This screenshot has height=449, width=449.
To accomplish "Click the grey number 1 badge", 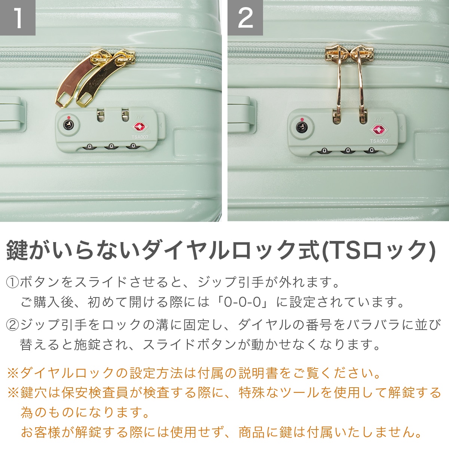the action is click(18, 18).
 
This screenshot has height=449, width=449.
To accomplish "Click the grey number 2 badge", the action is click(245, 18).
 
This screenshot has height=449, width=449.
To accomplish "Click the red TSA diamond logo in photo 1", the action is click(139, 127).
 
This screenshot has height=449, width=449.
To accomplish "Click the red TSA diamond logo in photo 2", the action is click(379, 130).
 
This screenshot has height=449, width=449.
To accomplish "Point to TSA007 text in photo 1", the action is click(140, 137).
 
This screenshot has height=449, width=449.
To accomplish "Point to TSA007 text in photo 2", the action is click(379, 141).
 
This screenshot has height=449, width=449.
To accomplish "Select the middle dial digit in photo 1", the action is click(112, 146).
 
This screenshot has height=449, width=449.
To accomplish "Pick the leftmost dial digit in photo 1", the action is click(89, 147).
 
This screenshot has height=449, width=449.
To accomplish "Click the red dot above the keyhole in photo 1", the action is click(68, 117).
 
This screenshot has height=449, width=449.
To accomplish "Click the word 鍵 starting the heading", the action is click(16, 251).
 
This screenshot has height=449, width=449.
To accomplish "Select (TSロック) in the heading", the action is click(378, 251).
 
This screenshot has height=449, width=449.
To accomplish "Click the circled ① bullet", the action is click(13, 282).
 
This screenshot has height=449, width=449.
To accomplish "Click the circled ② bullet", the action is click(13, 325).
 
